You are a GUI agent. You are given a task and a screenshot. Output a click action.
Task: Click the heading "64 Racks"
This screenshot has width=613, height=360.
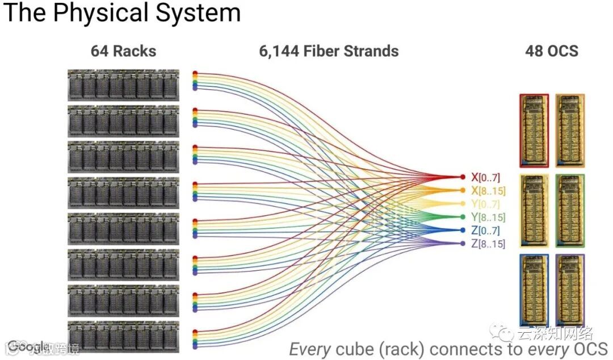[x=123, y=51]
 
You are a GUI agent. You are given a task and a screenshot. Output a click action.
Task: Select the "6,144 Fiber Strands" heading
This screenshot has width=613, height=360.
[x=329, y=51]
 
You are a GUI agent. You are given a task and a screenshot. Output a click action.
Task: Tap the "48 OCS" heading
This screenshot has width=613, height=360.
[x=552, y=51]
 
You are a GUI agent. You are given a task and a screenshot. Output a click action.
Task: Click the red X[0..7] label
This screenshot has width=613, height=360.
[x=485, y=178]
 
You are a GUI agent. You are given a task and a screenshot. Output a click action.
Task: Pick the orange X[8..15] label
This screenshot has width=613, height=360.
[x=488, y=191]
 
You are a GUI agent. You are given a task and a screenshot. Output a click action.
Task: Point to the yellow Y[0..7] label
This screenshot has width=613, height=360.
[x=485, y=204]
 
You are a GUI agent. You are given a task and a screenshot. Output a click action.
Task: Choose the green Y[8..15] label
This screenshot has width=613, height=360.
[x=488, y=217]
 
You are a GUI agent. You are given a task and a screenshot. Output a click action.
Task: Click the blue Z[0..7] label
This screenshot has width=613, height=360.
[x=485, y=230]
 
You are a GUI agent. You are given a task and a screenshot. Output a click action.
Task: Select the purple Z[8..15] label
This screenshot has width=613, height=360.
[x=488, y=244]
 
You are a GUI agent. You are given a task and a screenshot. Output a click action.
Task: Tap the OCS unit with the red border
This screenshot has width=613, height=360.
[x=534, y=131]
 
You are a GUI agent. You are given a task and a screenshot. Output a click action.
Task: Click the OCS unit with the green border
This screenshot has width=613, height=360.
[x=570, y=211]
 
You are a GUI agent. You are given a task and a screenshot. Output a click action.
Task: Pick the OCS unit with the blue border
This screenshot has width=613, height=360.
[x=534, y=290]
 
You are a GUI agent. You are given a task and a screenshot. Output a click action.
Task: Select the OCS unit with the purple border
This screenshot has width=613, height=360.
[x=570, y=290]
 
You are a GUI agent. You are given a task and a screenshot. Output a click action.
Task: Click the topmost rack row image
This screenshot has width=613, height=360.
[x=123, y=85]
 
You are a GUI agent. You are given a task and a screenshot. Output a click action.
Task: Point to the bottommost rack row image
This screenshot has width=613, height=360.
[x=123, y=337]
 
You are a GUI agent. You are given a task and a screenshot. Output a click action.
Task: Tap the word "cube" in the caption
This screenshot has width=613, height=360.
[x=356, y=348]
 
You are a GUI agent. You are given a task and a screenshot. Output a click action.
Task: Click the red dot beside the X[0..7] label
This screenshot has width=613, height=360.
[x=464, y=178]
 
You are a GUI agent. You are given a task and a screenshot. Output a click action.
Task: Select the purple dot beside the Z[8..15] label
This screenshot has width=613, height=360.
[x=464, y=244]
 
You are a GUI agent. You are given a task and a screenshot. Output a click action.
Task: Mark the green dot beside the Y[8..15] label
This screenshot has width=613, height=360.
[x=464, y=217]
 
